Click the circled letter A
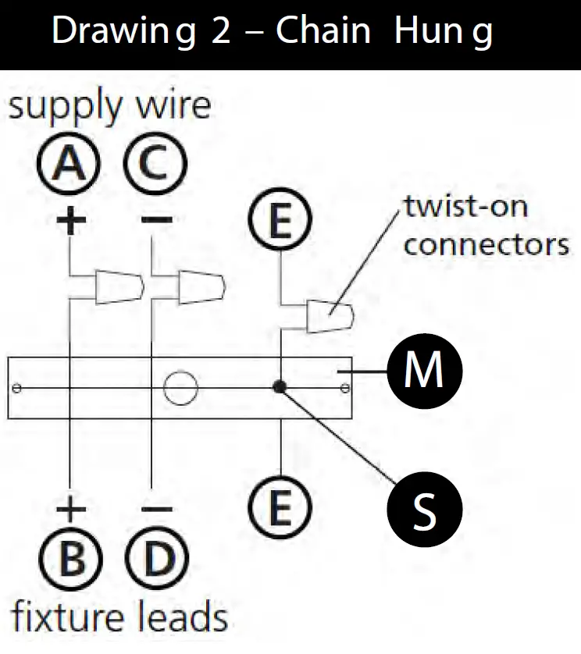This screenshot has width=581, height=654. point(69,164)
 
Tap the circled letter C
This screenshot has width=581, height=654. point(155,163)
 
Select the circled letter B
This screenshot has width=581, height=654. point(70,559)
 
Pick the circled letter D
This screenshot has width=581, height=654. point(158,559)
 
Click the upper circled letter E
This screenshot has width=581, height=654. point(280,219)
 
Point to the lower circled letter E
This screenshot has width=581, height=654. point(280,508)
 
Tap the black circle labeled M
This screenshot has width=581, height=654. point(425,371)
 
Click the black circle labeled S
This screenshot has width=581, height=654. point(425,510)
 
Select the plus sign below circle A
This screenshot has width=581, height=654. point(71,219)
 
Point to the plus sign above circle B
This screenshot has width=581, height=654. point(71,509)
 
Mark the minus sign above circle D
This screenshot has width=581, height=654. point(157,509)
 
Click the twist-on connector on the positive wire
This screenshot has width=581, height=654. point(119,287)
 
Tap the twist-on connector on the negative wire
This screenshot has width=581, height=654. point(202,287)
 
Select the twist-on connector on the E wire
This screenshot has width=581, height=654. point(330,316)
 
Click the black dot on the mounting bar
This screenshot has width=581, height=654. point(280,387)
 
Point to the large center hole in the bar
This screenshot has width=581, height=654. point(180,388)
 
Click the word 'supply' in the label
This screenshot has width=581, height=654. point(66,107)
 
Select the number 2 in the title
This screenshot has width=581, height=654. point(221,30)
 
